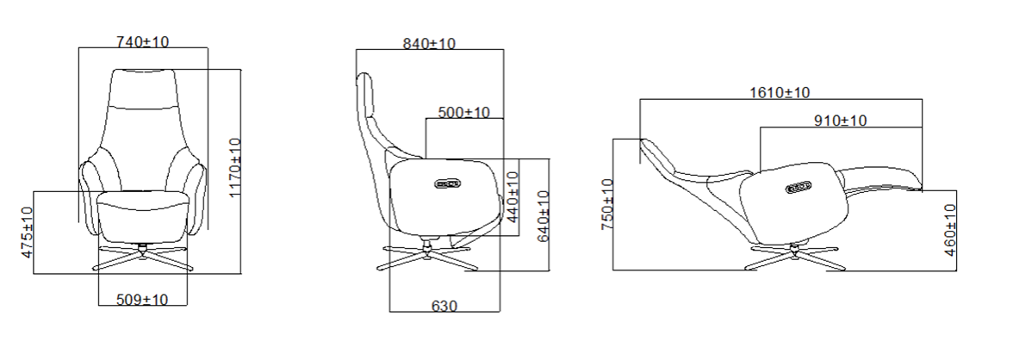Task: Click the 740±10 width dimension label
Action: (x=142, y=40)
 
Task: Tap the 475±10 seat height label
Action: (x=27, y=233)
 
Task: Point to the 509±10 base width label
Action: (x=142, y=299)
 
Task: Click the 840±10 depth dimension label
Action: (x=429, y=43)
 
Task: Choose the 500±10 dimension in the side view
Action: (x=463, y=112)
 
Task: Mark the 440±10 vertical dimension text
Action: (x=513, y=198)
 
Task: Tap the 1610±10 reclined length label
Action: (x=780, y=92)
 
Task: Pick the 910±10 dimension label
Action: (x=840, y=121)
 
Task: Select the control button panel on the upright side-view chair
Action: (x=449, y=183)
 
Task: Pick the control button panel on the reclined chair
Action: (x=799, y=187)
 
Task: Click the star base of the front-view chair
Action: (x=142, y=256)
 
